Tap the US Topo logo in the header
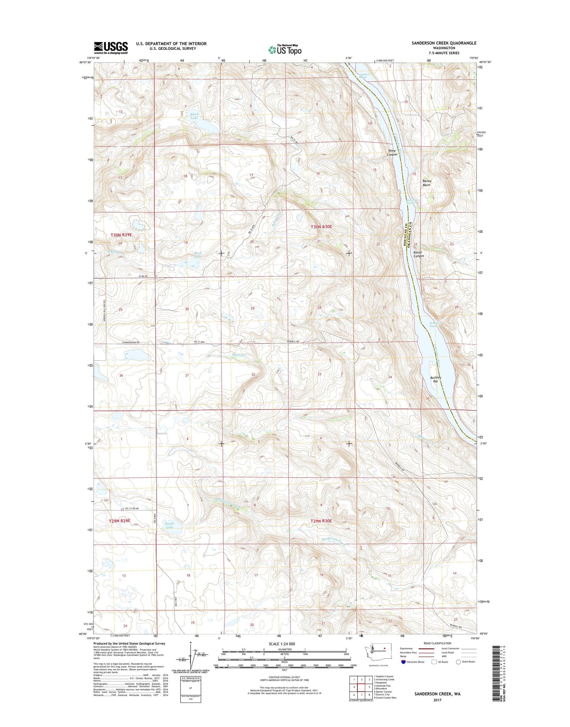(285, 50)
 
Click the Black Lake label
(194, 116)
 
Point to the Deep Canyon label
(392, 152)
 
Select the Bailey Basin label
(427, 183)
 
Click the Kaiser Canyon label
(419, 254)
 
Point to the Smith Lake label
(170, 525)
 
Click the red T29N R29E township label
(120, 521)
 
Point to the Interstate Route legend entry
(413, 662)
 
